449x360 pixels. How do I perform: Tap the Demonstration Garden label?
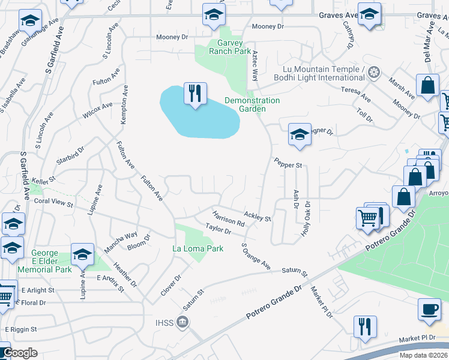[252, 104]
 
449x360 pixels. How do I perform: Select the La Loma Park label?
[197, 248]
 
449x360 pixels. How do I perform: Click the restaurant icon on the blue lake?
[195, 94]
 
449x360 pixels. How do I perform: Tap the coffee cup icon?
[429, 309]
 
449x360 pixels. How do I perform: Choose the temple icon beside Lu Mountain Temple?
[374, 73]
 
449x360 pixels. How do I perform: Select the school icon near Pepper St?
[299, 134]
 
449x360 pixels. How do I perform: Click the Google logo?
[20, 353]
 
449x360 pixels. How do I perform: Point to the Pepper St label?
[288, 163]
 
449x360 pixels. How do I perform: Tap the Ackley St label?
[258, 216]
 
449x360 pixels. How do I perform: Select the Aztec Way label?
[255, 66]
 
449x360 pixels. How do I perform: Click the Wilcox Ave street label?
[98, 110]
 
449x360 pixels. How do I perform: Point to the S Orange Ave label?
[256, 256]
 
